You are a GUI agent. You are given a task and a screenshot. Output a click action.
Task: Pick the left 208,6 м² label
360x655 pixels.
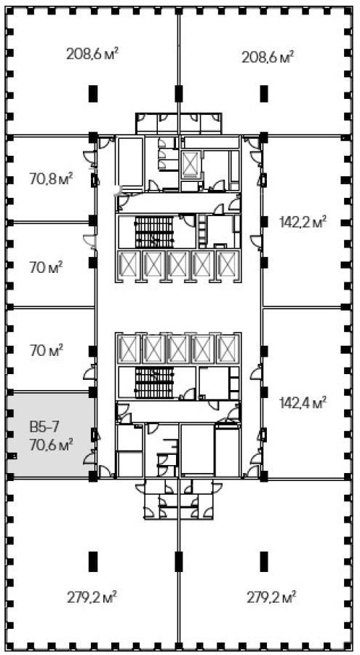(92, 53)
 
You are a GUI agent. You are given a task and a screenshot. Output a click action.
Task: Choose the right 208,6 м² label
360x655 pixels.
(267, 55)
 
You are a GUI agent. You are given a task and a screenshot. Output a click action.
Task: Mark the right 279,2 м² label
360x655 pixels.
(267, 598)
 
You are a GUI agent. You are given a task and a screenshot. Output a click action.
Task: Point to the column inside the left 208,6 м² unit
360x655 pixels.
(93, 94)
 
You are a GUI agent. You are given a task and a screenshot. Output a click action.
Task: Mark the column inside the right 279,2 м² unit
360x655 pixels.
(263, 561)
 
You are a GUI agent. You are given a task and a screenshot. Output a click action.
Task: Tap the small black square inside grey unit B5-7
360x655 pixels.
(12, 456)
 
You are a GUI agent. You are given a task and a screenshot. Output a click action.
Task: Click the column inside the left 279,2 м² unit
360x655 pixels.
(93, 561)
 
